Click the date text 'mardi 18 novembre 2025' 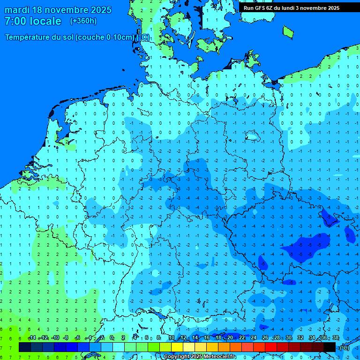click(58, 10)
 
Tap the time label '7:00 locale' click(33, 21)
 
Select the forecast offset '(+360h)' click(83, 21)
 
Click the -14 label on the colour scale click(32, 338)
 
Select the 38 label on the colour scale click(335, 338)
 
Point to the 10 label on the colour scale click(172, 338)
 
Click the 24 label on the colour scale click(254, 338)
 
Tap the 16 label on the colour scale click(207, 338)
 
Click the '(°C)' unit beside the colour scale click(345, 348)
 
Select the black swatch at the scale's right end click(330, 347)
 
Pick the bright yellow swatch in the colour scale click(177, 347)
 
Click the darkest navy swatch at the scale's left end click(24, 347)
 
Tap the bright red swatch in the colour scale click(271, 347)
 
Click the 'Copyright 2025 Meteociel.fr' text click(200, 357)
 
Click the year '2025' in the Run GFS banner click(331, 7)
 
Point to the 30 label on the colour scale click(289, 338)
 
